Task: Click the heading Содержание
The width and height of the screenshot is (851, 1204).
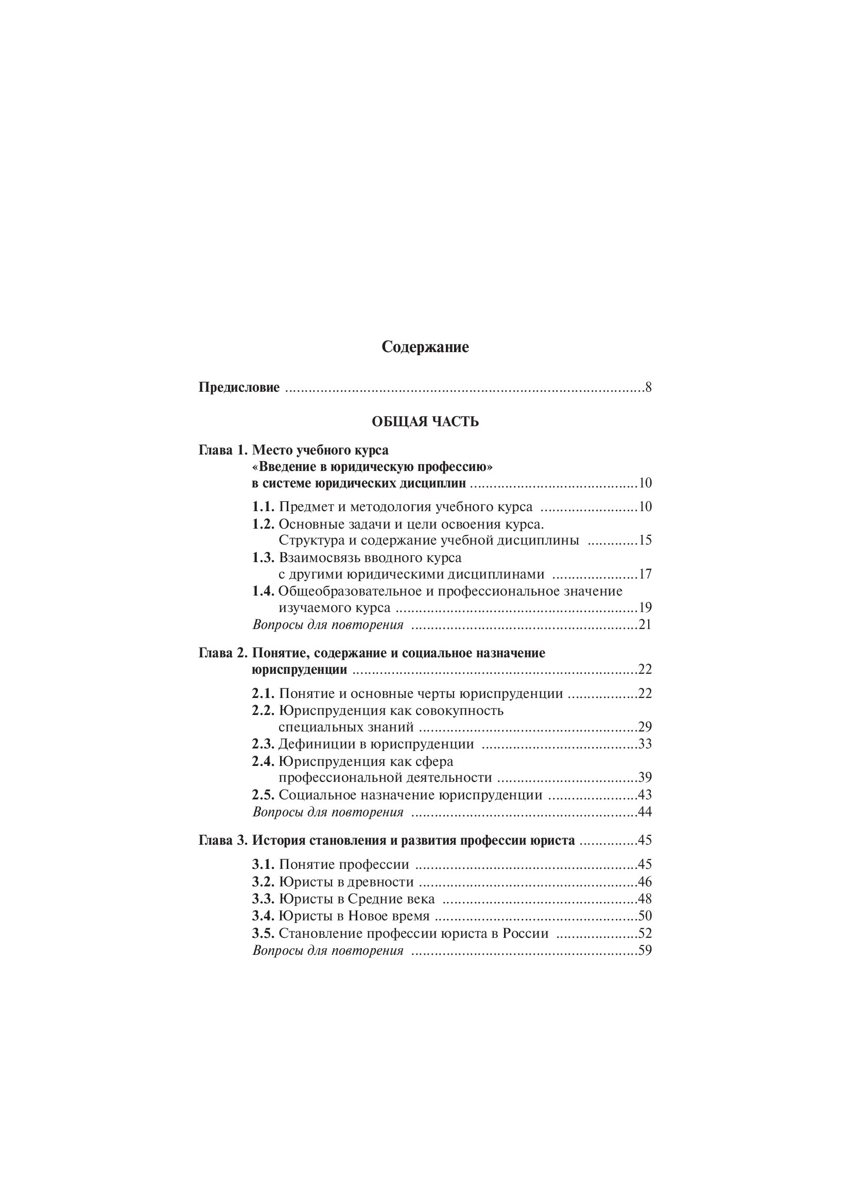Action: point(425,347)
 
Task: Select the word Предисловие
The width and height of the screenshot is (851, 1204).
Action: point(239,389)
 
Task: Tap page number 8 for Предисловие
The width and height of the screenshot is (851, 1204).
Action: point(648,389)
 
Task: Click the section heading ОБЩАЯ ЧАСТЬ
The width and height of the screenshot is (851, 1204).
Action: point(425,422)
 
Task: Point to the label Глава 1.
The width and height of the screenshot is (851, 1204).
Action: point(222,450)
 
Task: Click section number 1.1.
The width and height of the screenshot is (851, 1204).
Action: point(263,507)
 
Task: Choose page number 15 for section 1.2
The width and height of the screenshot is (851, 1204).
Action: point(645,540)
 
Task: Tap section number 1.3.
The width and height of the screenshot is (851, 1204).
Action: point(263,557)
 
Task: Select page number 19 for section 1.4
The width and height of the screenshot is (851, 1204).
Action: point(645,608)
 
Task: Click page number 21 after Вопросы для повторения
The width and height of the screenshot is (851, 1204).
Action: point(645,624)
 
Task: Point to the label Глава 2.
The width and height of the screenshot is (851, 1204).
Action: point(222,653)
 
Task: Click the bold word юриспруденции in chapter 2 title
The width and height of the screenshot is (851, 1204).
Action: point(300,670)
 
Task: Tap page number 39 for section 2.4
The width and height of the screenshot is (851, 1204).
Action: point(645,778)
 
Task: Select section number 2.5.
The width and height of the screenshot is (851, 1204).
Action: point(263,795)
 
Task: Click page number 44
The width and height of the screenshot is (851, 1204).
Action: point(645,812)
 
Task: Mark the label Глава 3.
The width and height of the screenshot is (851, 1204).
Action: point(222,841)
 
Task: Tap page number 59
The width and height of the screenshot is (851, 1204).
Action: point(645,950)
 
